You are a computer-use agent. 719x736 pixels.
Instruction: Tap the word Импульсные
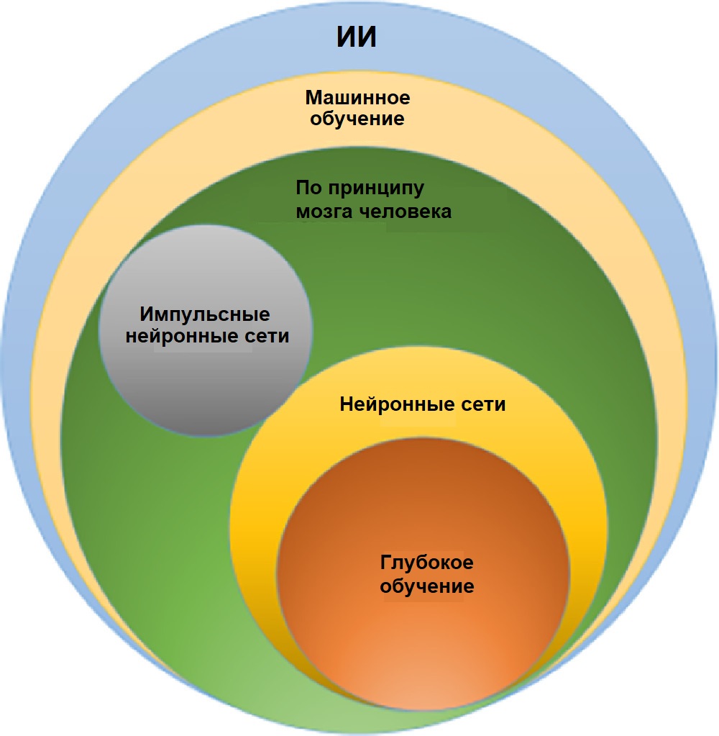coord(205,315)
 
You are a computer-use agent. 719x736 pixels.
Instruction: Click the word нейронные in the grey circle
coord(180,336)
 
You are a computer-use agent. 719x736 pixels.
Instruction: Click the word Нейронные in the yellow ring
coord(392,404)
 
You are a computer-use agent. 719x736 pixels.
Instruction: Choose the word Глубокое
coord(426,563)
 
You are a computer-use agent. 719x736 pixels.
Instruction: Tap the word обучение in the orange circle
coord(427,586)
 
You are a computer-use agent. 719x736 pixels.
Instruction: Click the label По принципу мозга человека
coord(373,200)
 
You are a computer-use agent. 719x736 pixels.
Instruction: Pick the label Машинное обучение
coord(357,107)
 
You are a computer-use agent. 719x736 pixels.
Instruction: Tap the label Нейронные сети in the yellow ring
coord(422,404)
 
